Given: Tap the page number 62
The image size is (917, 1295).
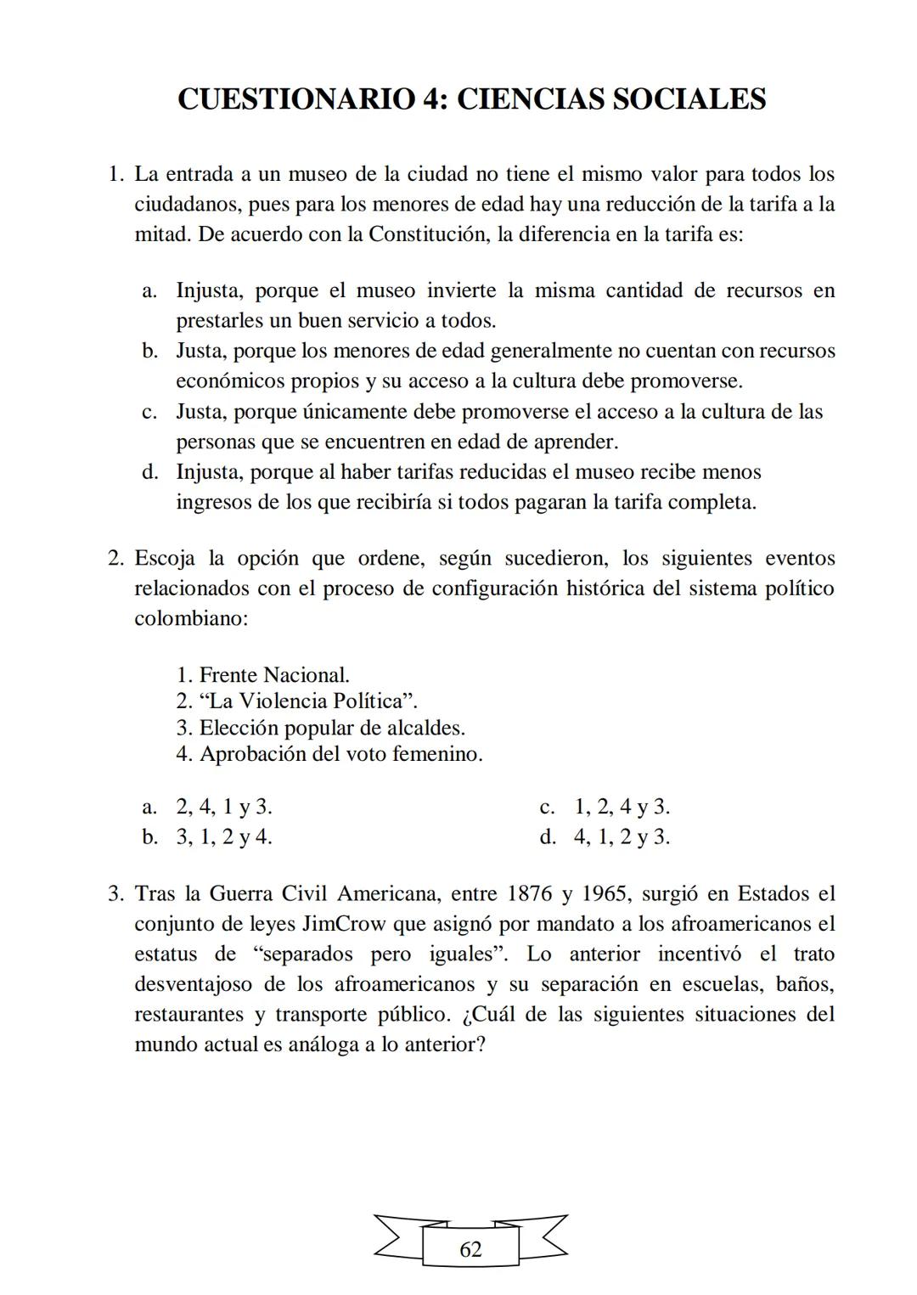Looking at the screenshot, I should [470, 1249].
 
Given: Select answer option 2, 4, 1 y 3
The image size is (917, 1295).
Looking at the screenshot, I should [224, 807].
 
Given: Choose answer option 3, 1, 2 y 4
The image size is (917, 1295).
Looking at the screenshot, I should [224, 837].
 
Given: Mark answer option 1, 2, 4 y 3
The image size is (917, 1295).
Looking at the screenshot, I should [622, 807].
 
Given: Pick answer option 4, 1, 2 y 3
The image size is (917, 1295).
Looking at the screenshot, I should [622, 837].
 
